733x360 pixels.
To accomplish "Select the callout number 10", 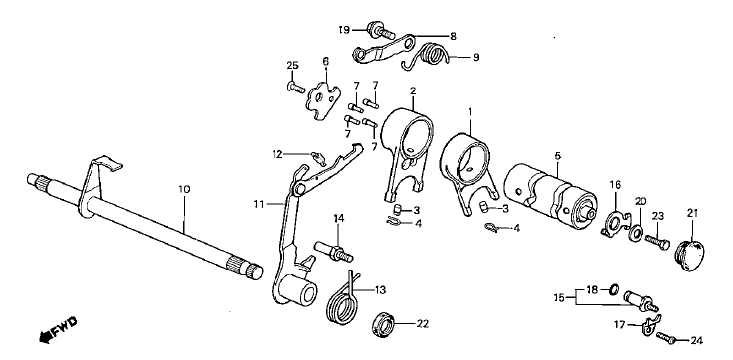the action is [184, 189].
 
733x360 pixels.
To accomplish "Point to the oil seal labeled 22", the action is [385, 324].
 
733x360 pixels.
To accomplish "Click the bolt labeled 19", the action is [381, 30].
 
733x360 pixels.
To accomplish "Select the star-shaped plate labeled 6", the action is [323, 99].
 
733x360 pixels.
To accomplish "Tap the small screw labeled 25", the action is [295, 87].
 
